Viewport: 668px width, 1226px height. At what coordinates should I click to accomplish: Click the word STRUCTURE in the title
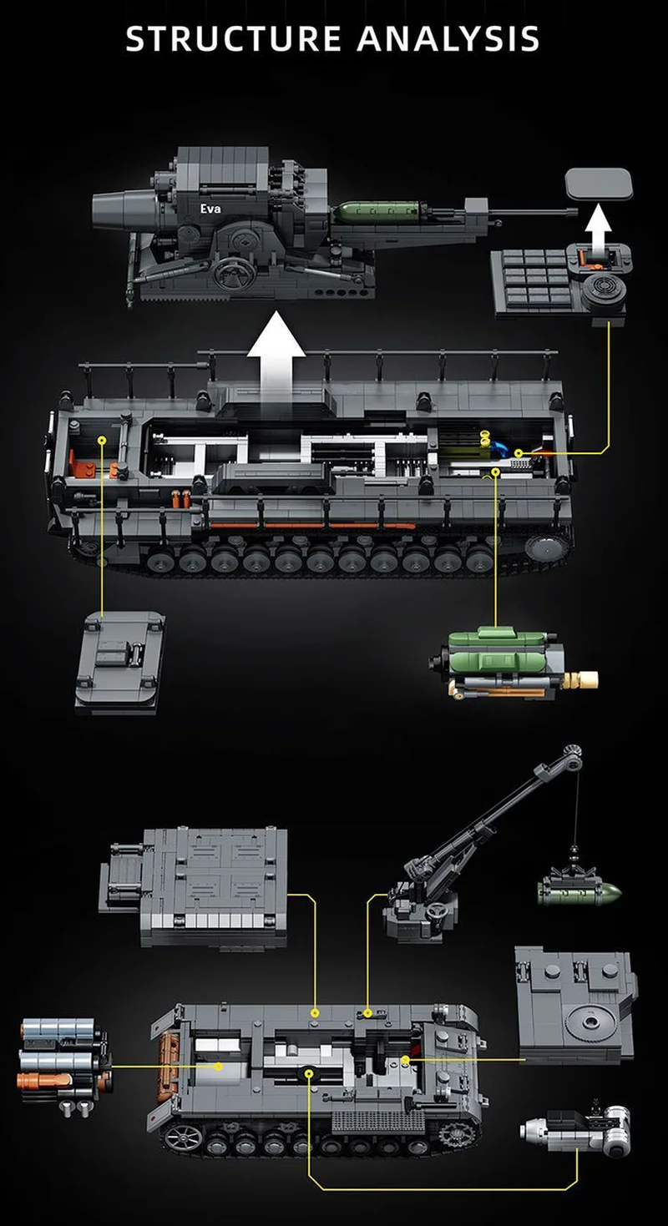click(234, 38)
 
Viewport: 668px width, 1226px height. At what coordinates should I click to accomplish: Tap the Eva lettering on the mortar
click(210, 209)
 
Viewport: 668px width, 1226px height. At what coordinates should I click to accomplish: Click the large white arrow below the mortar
click(276, 366)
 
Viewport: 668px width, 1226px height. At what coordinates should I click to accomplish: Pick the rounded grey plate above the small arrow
click(599, 184)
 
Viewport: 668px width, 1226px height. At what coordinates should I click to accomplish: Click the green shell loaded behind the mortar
click(378, 211)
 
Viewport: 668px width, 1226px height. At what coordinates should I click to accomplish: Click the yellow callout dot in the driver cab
click(101, 440)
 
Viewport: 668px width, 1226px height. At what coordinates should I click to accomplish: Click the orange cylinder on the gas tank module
click(43, 1080)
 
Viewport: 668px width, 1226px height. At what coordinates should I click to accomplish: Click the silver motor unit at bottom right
click(576, 1125)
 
